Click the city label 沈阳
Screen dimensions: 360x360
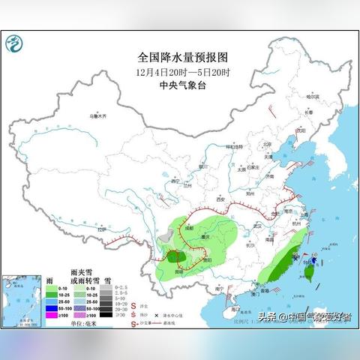coord(300,130)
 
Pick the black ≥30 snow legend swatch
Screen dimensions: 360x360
coord(109,315)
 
